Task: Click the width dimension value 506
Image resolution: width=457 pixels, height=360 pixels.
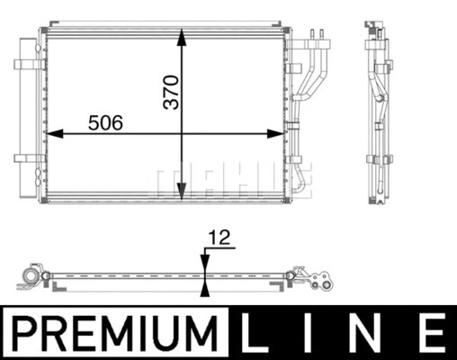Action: click(x=104, y=121)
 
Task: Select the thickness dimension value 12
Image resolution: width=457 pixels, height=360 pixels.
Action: click(x=220, y=238)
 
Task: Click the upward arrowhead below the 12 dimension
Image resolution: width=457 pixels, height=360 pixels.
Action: click(x=207, y=287)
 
